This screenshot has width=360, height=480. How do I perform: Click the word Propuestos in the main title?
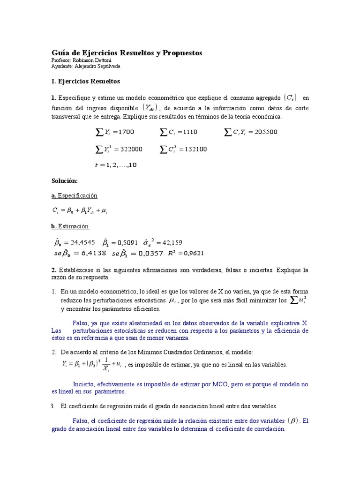click(181, 53)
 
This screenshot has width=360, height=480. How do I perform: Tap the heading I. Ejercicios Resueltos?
click(86, 81)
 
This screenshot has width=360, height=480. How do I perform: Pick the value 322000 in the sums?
click(131, 149)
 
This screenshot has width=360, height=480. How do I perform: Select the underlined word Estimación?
click(73, 226)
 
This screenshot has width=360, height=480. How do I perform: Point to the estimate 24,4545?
click(83, 242)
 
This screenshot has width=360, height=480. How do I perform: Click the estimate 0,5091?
click(127, 242)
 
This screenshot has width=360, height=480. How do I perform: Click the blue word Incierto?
click(84, 384)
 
